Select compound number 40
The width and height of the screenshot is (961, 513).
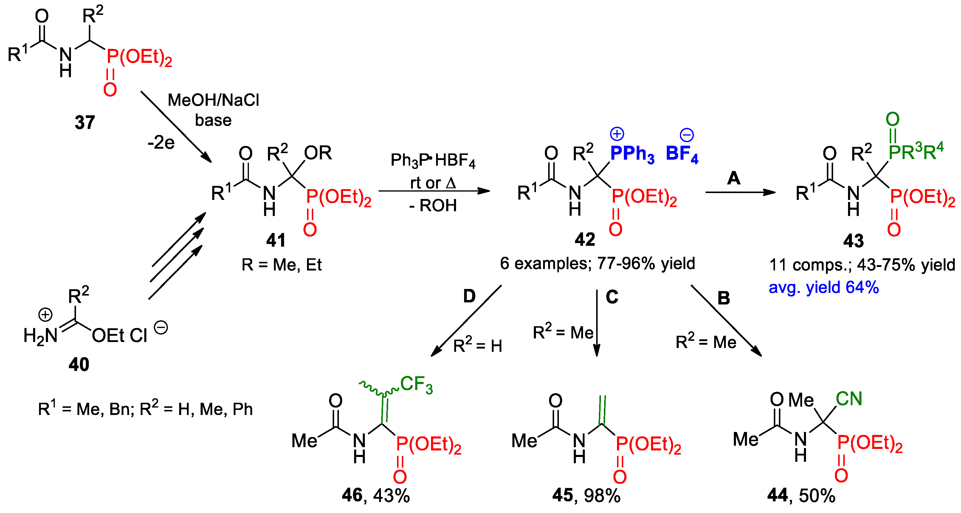(x=79, y=364)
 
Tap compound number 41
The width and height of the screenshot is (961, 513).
(x=276, y=240)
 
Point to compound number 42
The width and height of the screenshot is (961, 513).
(x=585, y=239)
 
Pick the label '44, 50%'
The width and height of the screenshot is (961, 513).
(x=801, y=495)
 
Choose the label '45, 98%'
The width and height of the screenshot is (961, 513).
(x=586, y=495)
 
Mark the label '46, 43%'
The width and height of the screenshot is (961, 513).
(x=376, y=495)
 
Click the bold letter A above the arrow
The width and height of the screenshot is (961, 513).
(x=734, y=178)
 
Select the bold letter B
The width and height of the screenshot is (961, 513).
(x=724, y=298)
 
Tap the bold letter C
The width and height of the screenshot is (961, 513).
(x=612, y=297)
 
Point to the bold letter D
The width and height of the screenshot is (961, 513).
(x=469, y=296)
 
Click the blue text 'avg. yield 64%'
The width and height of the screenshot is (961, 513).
(x=824, y=287)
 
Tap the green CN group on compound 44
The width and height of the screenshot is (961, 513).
(x=849, y=399)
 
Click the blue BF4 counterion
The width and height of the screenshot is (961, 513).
(x=682, y=154)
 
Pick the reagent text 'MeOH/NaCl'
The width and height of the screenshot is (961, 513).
(x=213, y=100)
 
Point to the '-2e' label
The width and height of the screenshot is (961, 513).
(x=161, y=142)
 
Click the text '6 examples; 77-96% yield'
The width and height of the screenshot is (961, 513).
(x=597, y=264)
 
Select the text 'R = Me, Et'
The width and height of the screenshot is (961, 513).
(x=281, y=265)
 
